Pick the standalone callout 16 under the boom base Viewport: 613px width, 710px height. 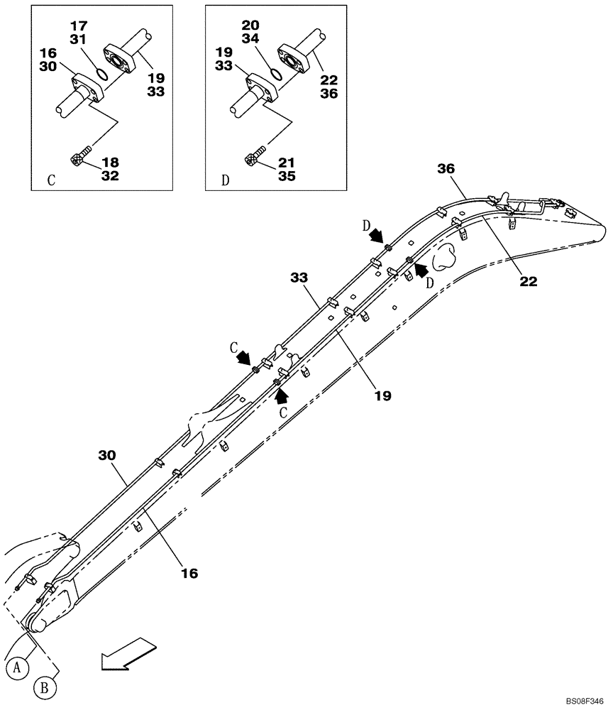coord(189,572)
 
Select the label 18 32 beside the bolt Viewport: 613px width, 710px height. coord(110,170)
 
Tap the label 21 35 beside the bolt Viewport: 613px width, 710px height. coord(285,170)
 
